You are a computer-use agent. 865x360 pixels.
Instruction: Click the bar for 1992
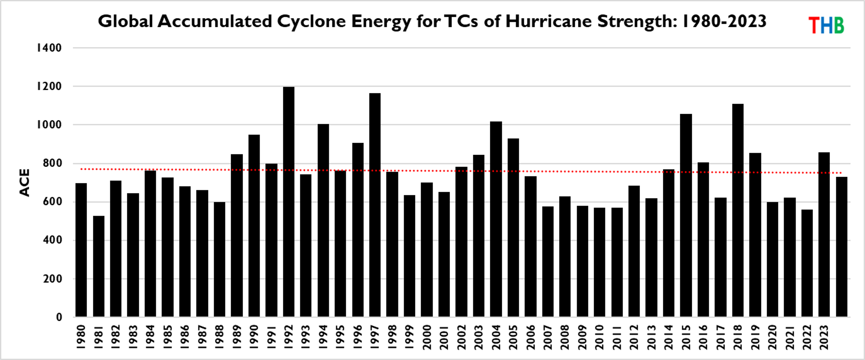(288, 202)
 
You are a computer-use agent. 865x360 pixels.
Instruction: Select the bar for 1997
(375, 205)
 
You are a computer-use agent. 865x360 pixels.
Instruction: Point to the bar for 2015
(686, 215)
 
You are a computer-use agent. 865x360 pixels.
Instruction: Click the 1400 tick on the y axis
(49, 48)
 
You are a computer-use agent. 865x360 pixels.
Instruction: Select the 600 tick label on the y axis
(52, 202)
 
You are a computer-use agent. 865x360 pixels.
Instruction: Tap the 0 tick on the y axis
(59, 317)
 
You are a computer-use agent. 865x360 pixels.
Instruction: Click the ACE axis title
(25, 182)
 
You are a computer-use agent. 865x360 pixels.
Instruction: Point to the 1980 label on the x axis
(81, 337)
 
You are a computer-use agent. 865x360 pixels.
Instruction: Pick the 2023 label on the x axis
(824, 337)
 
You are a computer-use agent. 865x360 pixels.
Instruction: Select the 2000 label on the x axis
(427, 337)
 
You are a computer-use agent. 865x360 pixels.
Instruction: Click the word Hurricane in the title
(548, 21)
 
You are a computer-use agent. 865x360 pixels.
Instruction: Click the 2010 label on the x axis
(599, 337)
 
